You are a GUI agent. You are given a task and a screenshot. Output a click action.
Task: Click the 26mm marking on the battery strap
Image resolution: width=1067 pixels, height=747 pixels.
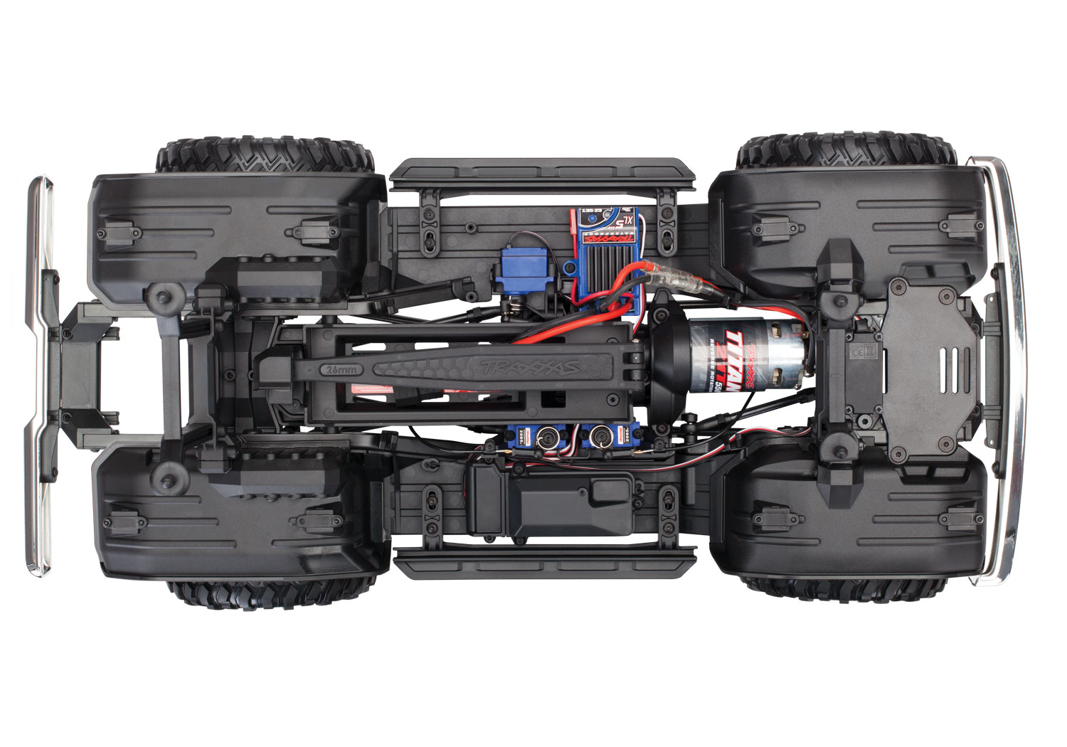click(339, 370)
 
